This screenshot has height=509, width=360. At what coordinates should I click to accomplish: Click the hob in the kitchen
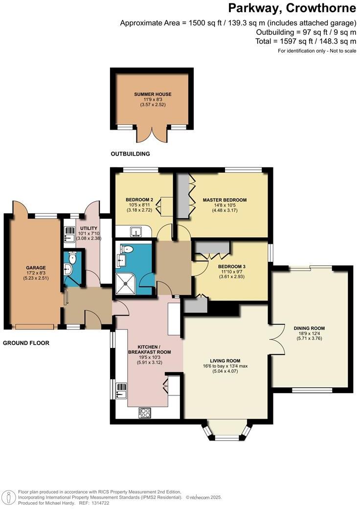coord(145,412)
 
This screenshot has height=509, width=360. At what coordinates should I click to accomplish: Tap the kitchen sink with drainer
coord(121,390)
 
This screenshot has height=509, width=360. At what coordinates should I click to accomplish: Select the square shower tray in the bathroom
coord(126,283)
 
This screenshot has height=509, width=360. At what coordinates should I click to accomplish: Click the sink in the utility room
coord(69,236)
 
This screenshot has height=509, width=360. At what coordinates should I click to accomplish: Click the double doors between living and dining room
coord(277,339)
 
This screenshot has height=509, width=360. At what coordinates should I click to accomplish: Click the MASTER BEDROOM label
coord(225,200)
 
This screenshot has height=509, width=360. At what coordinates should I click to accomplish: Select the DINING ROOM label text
coord(309,328)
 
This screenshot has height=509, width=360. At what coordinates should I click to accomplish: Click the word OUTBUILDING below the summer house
coord(130,154)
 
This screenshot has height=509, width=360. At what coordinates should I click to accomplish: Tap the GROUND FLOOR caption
coord(26,343)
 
